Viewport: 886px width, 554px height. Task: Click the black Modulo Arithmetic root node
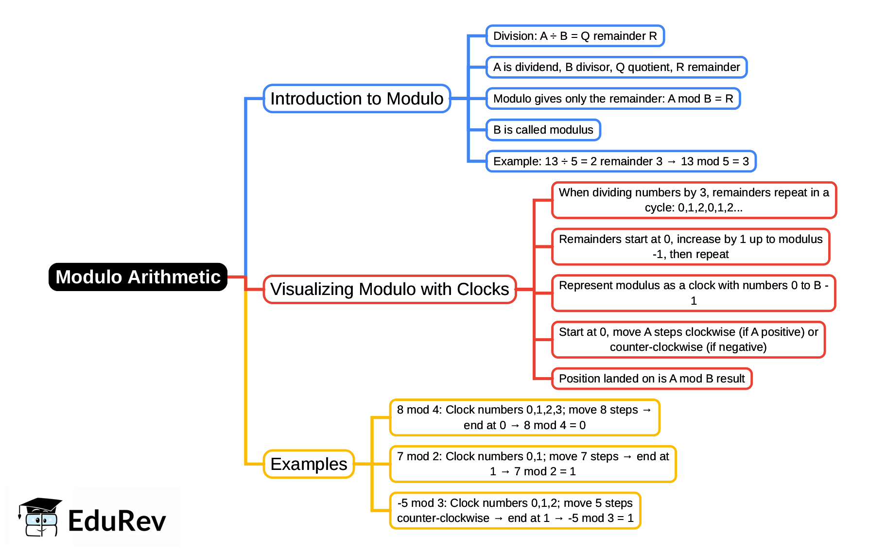click(138, 277)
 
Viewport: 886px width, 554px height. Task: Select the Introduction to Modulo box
click(357, 99)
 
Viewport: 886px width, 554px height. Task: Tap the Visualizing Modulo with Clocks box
click(389, 289)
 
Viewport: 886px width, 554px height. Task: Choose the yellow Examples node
click(309, 464)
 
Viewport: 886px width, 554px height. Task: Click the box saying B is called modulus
click(543, 130)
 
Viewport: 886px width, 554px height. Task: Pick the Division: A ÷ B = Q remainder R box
click(574, 36)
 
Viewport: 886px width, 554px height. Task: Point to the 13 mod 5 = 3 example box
click(621, 161)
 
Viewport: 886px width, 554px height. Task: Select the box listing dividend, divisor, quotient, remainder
click(616, 67)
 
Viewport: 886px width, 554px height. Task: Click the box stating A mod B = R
click(613, 99)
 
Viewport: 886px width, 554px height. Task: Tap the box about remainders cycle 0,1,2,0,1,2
click(694, 200)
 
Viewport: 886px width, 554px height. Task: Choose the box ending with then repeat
click(690, 247)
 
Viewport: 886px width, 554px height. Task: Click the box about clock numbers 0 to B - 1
click(694, 293)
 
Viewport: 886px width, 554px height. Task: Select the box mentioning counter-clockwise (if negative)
click(688, 340)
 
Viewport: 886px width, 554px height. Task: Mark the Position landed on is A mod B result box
click(652, 379)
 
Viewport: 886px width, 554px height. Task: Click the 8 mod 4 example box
click(524, 417)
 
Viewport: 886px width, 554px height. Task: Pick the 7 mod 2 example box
click(533, 464)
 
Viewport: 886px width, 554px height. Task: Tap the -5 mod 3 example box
click(515, 511)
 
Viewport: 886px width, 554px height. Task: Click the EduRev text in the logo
click(117, 521)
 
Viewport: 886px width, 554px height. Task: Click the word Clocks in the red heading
click(483, 289)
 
